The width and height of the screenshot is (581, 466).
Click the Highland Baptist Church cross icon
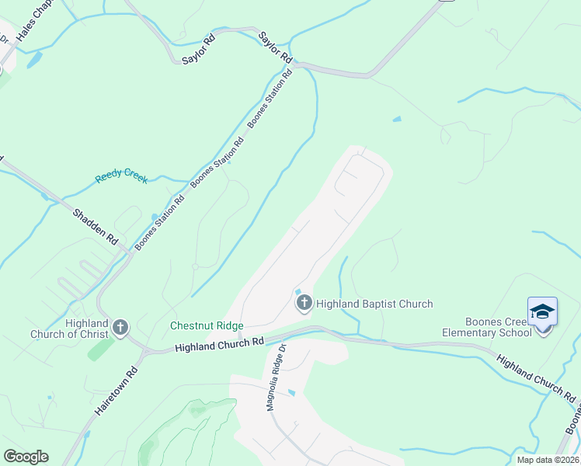tap(303, 302)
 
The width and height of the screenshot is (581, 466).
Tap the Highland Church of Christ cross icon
tap(120, 327)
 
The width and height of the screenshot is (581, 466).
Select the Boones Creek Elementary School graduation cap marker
tap(542, 313)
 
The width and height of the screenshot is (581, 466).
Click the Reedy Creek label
tap(121, 177)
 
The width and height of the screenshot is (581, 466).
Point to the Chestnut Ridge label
tap(207, 326)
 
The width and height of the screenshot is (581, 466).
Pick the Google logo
tap(26, 456)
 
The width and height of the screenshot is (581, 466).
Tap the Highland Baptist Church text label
tap(374, 304)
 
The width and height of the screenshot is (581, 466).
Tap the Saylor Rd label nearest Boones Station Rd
tap(275, 47)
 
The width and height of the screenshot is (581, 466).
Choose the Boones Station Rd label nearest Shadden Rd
tap(159, 222)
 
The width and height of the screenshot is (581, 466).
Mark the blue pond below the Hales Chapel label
tap(34, 60)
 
